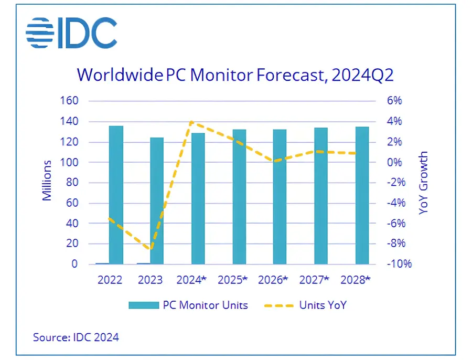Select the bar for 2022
[x=116, y=195]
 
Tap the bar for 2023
[x=156, y=200]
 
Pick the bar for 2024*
[x=198, y=198]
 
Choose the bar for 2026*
[x=280, y=196]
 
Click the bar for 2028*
[x=362, y=195]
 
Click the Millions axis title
[x=48, y=180]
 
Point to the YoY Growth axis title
[x=424, y=183]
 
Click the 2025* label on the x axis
[x=232, y=280]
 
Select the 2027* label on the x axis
[x=314, y=280]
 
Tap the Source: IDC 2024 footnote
[x=76, y=337]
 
